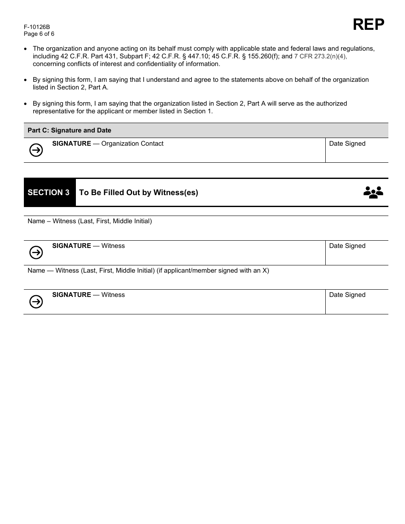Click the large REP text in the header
[x=368, y=25]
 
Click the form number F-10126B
[x=37, y=27]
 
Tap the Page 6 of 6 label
[x=39, y=34]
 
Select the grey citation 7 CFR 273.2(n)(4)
[x=320, y=56]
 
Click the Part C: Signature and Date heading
[x=69, y=130]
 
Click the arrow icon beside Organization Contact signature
[x=36, y=150]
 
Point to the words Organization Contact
[x=132, y=144]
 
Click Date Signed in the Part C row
[x=347, y=144]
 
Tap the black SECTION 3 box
[x=49, y=193]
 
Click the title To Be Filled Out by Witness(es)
[x=139, y=193]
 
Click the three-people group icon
[x=373, y=193]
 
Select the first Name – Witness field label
[x=90, y=221]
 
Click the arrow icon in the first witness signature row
[x=36, y=253]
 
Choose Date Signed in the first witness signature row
[x=347, y=246]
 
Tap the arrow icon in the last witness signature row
[x=36, y=302]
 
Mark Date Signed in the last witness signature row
[x=347, y=295]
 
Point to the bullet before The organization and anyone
[x=27, y=49]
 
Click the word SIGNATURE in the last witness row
[x=72, y=295]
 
